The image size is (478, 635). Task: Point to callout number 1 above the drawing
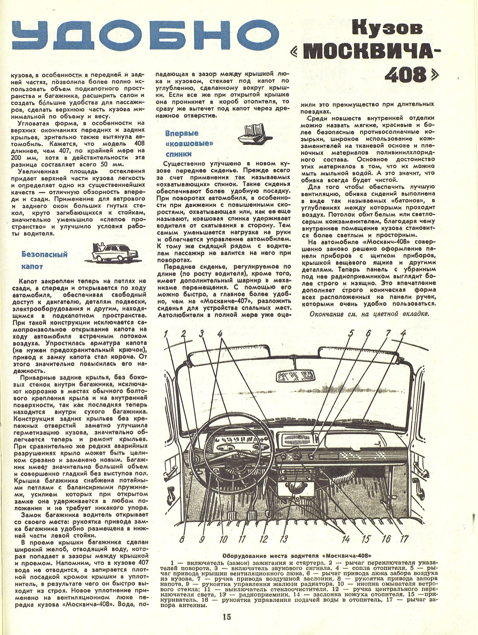(x=166, y=334)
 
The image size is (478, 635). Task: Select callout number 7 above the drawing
(x=388, y=333)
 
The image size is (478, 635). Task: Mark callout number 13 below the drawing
(x=284, y=539)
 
